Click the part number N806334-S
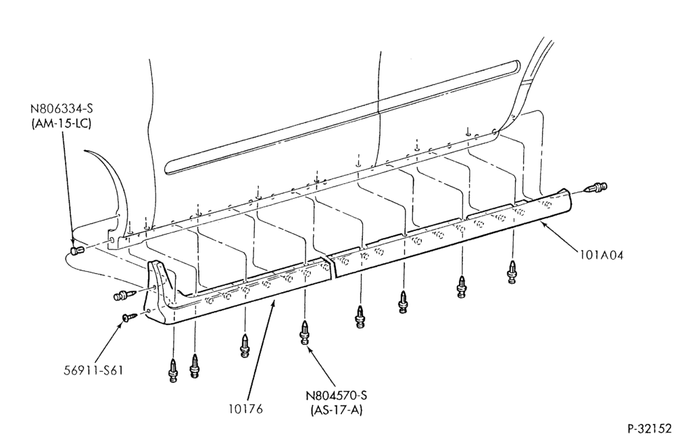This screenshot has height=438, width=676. coord(62,109)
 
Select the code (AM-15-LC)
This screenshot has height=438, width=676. coord(62,123)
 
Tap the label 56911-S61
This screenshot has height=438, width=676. coord(93,370)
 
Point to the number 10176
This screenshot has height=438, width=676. coord(245,409)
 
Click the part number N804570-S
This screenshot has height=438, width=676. coord(337,395)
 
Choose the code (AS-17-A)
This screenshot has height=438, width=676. coord(336,410)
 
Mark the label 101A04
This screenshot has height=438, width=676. coord(602,255)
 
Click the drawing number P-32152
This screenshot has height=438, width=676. coord(649,429)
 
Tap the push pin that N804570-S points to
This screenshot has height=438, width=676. coord(305,333)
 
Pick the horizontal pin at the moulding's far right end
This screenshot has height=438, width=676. coord(595,188)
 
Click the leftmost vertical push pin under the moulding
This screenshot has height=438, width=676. coord(173,370)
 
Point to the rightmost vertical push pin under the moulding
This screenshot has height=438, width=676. coord(512,272)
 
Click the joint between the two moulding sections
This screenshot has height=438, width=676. coord(331,267)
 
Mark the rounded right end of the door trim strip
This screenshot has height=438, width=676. coord(516,65)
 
